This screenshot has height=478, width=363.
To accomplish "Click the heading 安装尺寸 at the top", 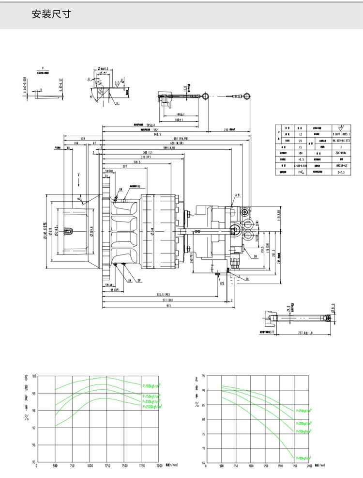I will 51,14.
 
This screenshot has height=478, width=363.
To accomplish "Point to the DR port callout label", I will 255,256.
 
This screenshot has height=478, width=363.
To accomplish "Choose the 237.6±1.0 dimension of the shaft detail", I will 305,333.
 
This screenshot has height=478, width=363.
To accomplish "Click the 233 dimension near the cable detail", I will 226,130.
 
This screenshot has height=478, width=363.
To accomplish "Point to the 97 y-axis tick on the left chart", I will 33,429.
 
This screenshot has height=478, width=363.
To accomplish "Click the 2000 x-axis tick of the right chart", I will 309,466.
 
